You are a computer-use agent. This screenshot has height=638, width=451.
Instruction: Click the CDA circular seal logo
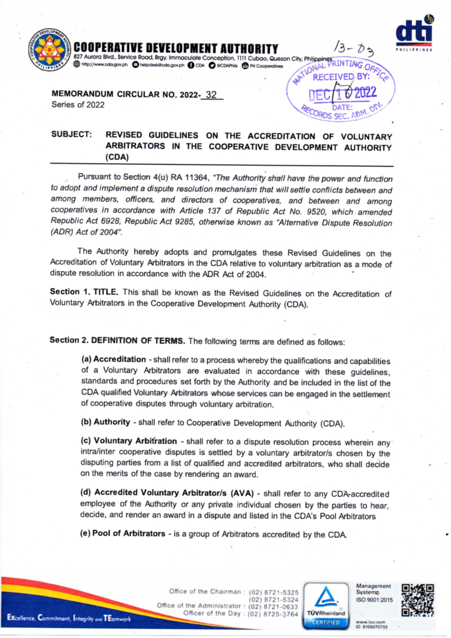[x=49, y=49]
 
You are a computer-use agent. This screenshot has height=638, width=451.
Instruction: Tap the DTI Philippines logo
[x=414, y=33]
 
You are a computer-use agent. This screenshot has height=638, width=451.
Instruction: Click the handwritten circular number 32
[x=211, y=95]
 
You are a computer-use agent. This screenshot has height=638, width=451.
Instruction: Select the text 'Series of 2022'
[x=78, y=105]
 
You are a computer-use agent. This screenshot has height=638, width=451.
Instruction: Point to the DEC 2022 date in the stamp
[x=342, y=93]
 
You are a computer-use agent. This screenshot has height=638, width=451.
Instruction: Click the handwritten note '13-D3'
[x=354, y=48]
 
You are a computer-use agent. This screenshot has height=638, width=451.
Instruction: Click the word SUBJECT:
[x=71, y=135]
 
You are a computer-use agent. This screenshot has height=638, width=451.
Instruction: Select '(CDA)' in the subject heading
[x=117, y=157]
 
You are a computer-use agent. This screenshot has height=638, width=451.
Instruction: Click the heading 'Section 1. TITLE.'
[x=84, y=292]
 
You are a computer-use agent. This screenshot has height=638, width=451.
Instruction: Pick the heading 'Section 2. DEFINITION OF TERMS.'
[x=117, y=340]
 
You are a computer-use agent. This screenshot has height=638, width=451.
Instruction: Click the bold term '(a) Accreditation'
[x=114, y=359]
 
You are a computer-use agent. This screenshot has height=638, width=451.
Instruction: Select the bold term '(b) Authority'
[x=105, y=422]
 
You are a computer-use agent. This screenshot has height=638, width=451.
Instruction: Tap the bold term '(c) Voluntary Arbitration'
[x=129, y=441]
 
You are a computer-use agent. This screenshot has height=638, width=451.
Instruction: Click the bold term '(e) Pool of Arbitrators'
[x=123, y=534]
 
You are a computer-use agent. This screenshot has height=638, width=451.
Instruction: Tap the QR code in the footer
[x=418, y=600]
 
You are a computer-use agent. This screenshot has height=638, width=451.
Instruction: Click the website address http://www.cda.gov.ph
[x=104, y=65]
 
